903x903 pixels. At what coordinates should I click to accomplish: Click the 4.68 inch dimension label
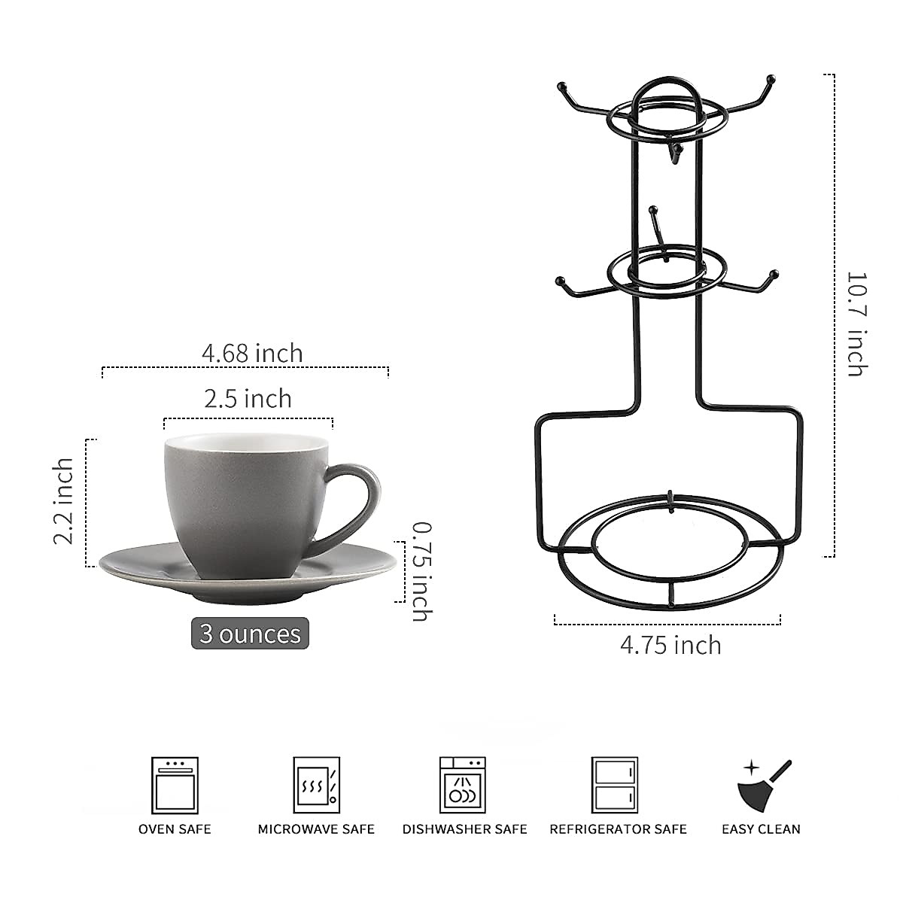pyautogui.click(x=252, y=352)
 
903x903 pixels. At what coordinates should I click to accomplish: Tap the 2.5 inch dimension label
pyautogui.click(x=248, y=398)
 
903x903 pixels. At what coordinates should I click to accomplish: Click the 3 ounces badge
pyautogui.click(x=250, y=634)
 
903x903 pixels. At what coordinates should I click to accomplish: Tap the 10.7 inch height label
pyautogui.click(x=857, y=324)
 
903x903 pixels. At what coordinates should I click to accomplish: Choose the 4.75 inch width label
pyautogui.click(x=670, y=645)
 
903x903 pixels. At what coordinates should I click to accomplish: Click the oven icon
pyautogui.click(x=175, y=785)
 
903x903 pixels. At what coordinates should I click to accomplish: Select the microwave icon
pyautogui.click(x=316, y=785)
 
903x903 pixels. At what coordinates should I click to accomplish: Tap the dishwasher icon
pyautogui.click(x=463, y=785)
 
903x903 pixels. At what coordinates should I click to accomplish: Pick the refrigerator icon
pyautogui.click(x=614, y=785)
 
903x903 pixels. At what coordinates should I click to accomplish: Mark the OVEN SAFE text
pyautogui.click(x=175, y=829)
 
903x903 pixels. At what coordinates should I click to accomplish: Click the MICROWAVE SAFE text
pyautogui.click(x=316, y=829)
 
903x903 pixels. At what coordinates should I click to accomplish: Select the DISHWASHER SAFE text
pyautogui.click(x=464, y=829)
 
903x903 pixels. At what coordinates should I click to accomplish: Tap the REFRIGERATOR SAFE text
pyautogui.click(x=618, y=829)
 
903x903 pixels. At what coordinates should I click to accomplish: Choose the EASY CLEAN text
pyautogui.click(x=761, y=829)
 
